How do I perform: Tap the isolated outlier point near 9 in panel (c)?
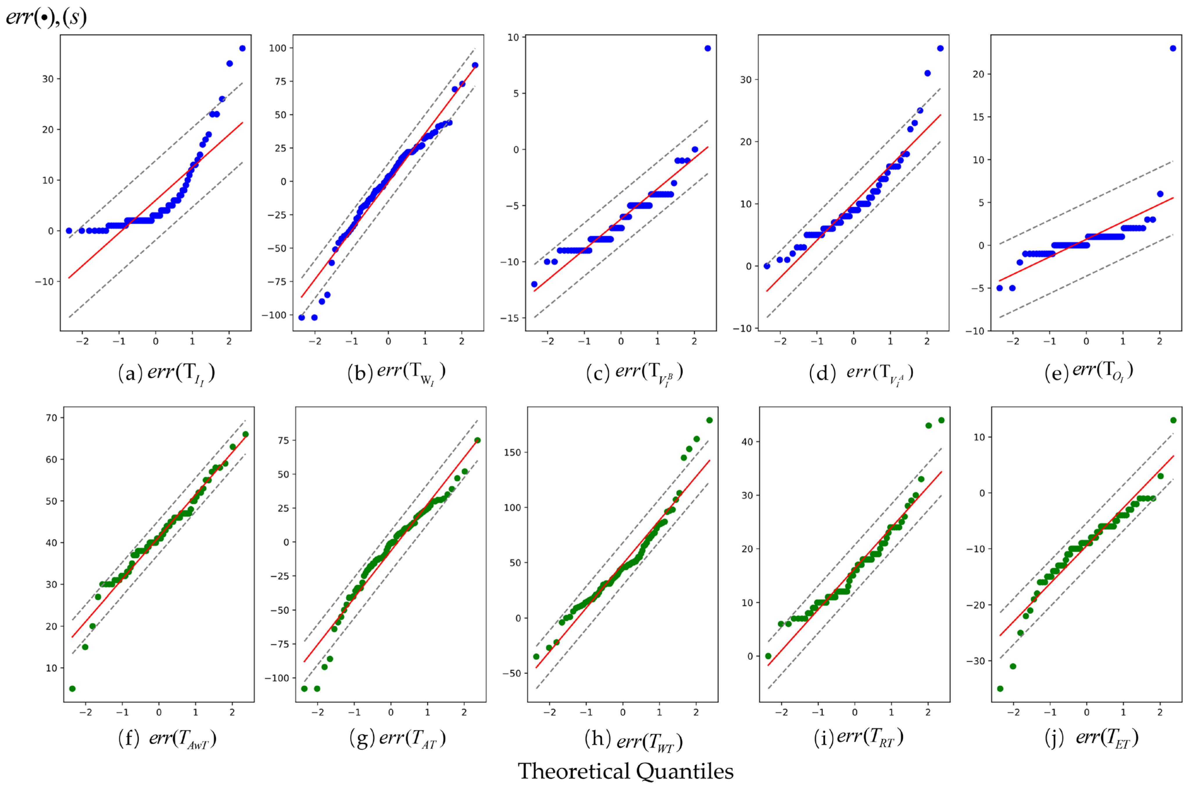coord(708,49)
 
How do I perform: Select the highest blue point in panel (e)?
coord(1173,49)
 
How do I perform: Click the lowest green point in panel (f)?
coord(72,689)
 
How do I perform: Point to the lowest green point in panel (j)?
coord(1000,689)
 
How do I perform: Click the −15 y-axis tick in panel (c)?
coord(510,318)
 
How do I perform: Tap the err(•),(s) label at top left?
coord(47,17)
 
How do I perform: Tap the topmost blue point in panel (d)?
coord(940,49)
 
